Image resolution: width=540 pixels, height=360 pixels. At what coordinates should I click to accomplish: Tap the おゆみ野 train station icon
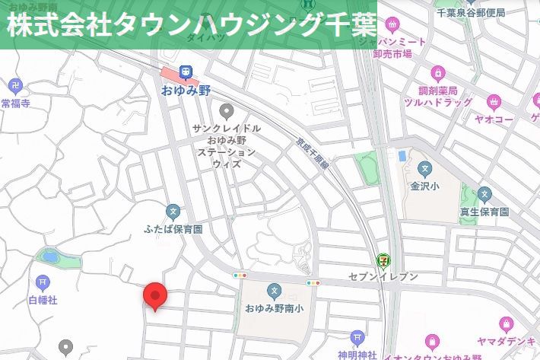click(x=185, y=73)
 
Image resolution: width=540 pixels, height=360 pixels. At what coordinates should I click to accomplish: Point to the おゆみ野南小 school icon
click(x=274, y=291)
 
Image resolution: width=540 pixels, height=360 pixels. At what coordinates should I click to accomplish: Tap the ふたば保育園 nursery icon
click(x=173, y=211)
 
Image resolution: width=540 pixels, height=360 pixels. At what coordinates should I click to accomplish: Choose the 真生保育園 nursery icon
click(x=484, y=195)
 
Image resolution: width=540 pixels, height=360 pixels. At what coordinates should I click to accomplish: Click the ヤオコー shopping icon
click(x=494, y=101)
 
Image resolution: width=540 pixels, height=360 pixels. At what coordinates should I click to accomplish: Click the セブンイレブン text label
click(x=383, y=276)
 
